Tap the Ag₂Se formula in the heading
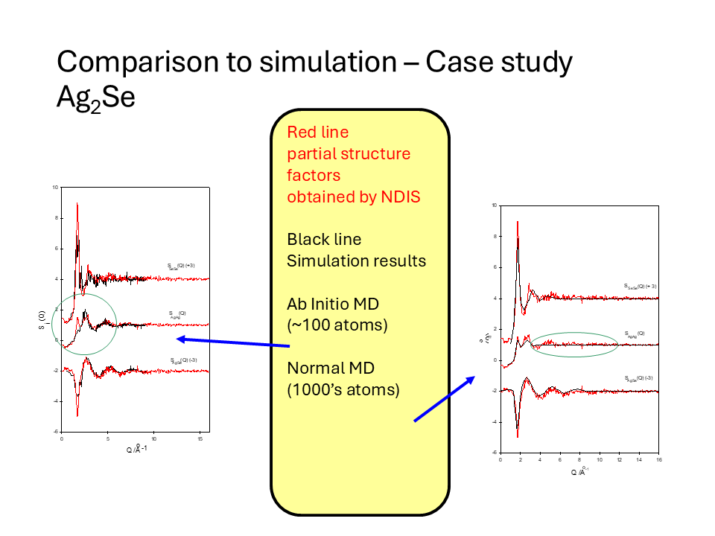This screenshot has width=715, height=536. click(x=95, y=98)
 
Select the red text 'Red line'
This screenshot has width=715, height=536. click(x=317, y=133)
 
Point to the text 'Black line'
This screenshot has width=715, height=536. click(x=324, y=240)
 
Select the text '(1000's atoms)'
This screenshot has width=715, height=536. click(x=343, y=389)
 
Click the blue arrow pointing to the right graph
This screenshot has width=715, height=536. click(x=445, y=399)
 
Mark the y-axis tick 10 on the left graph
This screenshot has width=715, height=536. click(x=55, y=187)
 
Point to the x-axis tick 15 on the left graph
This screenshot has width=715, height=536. click(x=200, y=438)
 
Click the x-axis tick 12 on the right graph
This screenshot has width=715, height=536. click(x=617, y=460)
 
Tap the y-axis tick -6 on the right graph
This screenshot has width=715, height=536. click(x=494, y=452)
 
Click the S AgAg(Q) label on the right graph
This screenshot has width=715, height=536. click(x=635, y=334)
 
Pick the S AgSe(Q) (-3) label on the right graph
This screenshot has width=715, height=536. click(x=641, y=379)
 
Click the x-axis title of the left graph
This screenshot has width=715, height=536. click(x=135, y=449)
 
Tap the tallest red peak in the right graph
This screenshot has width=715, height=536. click(x=517, y=223)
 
